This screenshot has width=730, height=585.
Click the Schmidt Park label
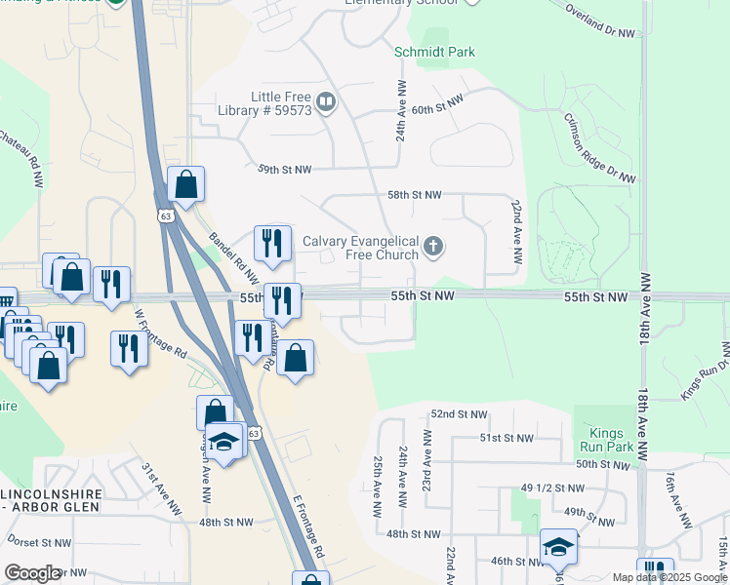click(x=434, y=52)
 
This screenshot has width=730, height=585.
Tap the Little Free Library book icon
click(x=327, y=101)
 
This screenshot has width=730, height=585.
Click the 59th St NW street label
click(x=284, y=170)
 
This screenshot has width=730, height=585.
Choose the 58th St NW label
click(x=414, y=195)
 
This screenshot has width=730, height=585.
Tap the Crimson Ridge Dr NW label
click(x=599, y=147)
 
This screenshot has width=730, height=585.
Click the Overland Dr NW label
click(x=600, y=20)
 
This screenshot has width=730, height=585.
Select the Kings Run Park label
click(x=613, y=440)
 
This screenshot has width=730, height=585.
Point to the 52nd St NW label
click(x=459, y=414)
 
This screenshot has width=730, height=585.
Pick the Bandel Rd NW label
click(x=233, y=257)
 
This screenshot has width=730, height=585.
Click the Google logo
click(x=32, y=573)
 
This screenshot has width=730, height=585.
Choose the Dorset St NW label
click(x=39, y=543)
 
